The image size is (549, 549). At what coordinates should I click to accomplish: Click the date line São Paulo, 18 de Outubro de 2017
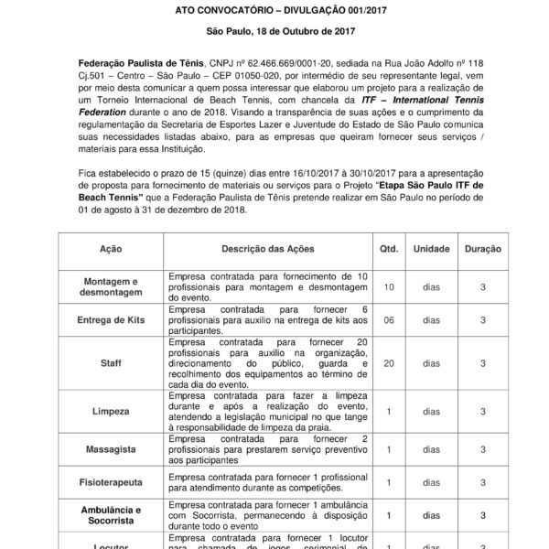274,33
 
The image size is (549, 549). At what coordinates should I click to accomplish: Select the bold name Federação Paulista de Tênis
127,60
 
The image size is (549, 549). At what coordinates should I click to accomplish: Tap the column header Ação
111,248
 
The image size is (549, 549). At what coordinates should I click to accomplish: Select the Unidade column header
431,248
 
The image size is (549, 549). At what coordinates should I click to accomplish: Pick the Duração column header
482,248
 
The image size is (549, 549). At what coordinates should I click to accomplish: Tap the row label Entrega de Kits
111,318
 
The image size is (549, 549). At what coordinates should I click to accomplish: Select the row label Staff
111,363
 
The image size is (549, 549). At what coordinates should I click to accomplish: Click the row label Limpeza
111,413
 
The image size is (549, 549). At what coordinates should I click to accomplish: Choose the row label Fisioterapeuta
111,482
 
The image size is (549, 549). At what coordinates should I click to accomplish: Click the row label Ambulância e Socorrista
111,514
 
